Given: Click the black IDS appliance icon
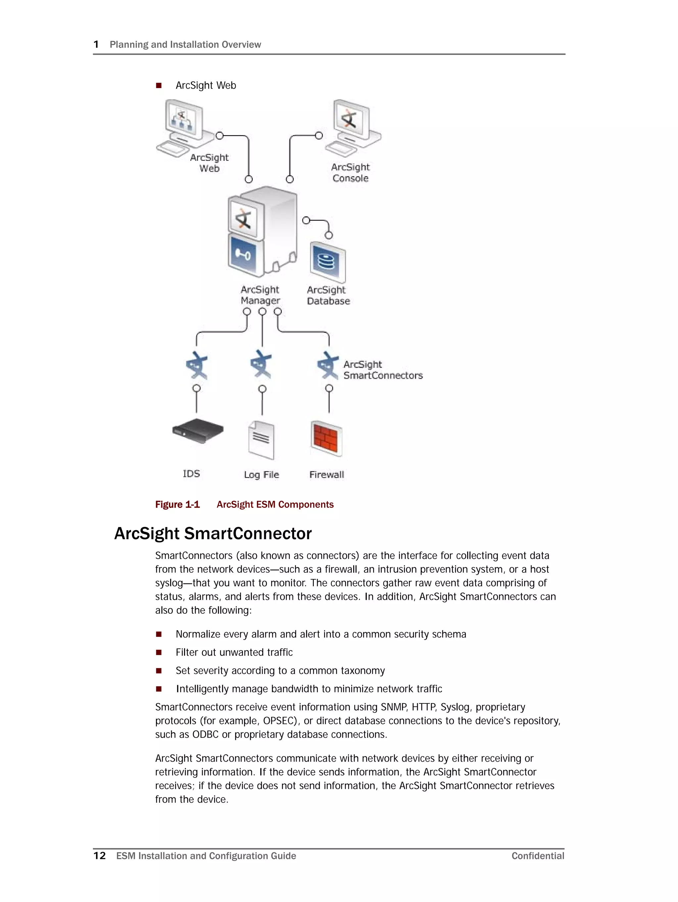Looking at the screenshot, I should click(198, 431).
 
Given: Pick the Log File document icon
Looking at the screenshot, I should click(262, 440).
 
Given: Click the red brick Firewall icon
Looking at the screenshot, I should click(326, 438).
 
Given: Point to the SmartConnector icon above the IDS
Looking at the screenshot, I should click(197, 365).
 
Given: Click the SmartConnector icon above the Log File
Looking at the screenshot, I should click(261, 364).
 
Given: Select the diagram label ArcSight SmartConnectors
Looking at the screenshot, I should click(382, 370).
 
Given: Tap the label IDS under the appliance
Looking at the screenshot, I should click(191, 473).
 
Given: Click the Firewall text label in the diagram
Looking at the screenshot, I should click(326, 475).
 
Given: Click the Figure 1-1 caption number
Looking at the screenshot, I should click(177, 504).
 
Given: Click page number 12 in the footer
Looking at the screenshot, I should click(100, 856).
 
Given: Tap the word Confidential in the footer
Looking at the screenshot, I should click(538, 856).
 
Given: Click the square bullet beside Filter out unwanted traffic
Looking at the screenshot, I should click(159, 652).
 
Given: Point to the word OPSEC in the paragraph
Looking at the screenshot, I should click(278, 721).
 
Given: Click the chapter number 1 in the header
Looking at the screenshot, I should click(96, 44).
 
